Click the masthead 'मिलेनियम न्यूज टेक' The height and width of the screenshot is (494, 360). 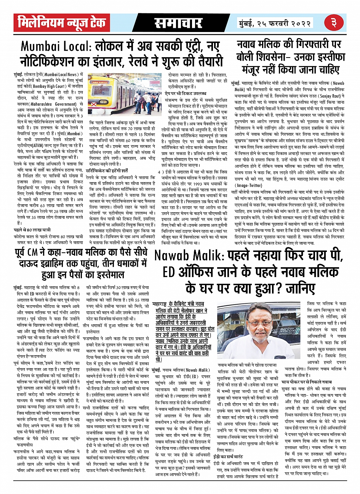(x=61, y=23)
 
